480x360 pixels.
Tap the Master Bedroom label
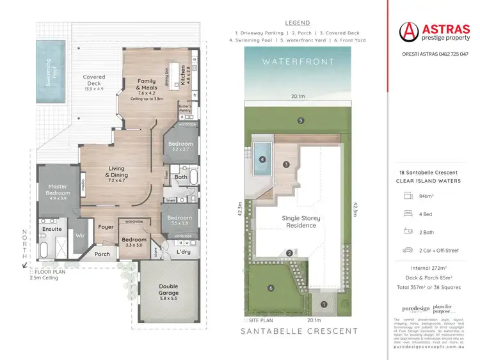click(x=57, y=190)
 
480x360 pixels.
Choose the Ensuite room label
click(x=51, y=228)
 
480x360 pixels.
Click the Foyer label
click(x=106, y=227)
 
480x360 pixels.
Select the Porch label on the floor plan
click(x=102, y=254)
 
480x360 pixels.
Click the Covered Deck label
click(x=94, y=81)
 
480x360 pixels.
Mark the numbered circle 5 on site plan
click(x=300, y=120)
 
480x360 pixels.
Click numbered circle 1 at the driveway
click(x=323, y=304)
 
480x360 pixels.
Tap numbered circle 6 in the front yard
click(x=271, y=288)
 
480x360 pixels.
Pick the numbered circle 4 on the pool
click(x=262, y=160)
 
